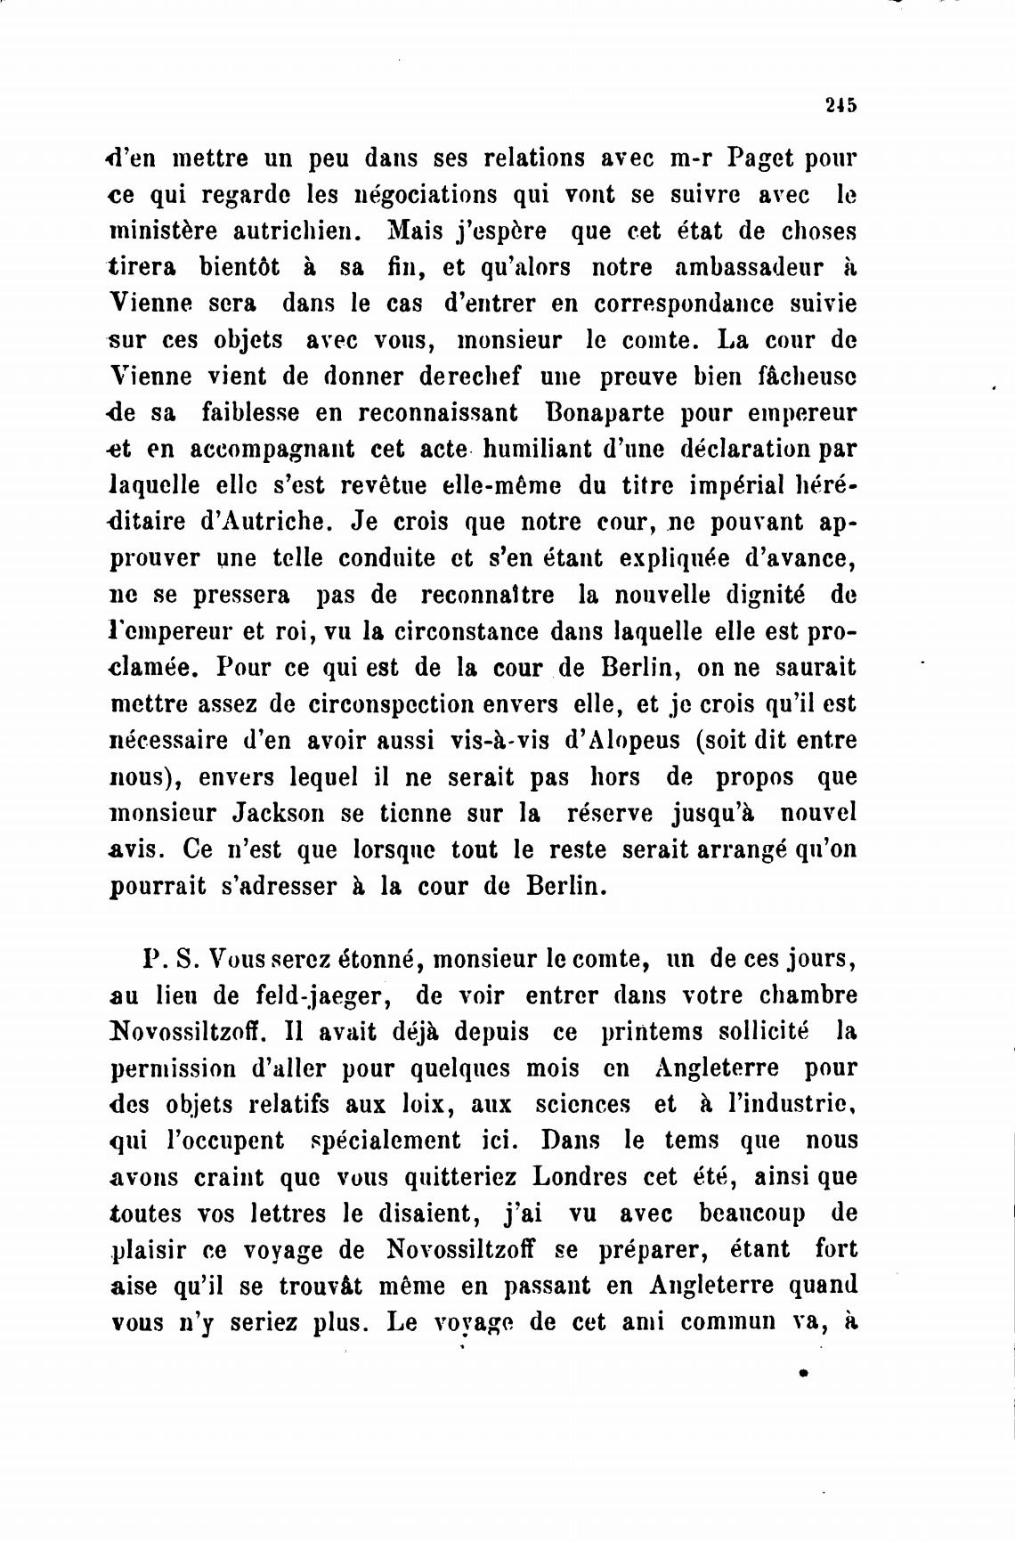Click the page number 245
840,105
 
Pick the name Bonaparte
598,413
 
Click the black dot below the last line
803,1374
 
